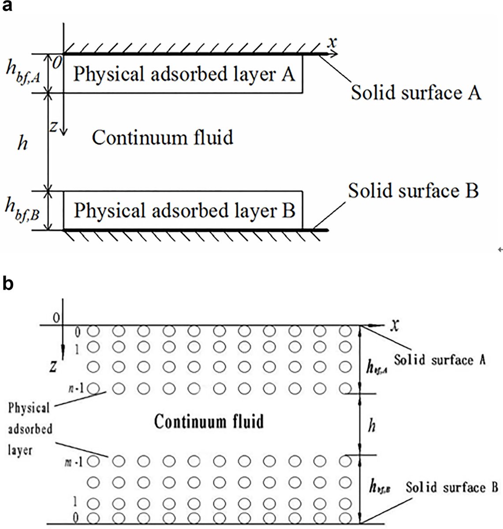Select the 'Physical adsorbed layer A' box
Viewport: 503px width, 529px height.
(x=183, y=74)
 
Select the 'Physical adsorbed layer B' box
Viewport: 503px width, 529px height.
(x=183, y=210)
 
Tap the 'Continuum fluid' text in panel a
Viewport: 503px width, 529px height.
(x=162, y=138)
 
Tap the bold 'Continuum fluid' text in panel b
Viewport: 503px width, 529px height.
(x=209, y=422)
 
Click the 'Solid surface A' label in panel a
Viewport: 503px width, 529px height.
(x=416, y=93)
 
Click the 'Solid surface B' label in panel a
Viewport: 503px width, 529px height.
(x=413, y=191)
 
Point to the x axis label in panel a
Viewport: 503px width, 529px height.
(x=333, y=42)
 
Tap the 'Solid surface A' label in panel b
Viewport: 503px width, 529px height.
(x=440, y=360)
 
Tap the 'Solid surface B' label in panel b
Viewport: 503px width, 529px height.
(x=452, y=488)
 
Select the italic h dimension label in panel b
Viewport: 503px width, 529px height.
(x=372, y=426)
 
